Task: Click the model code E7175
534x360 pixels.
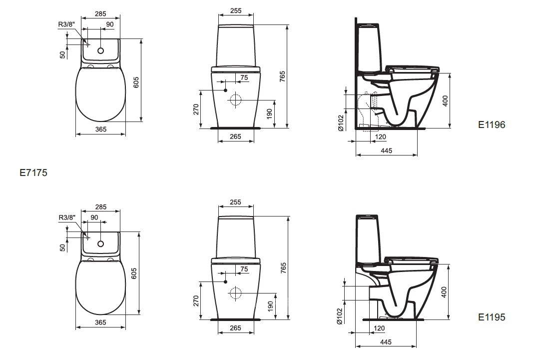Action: click(x=33, y=173)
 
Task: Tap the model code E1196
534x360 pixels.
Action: click(x=492, y=125)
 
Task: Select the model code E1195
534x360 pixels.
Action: click(x=492, y=317)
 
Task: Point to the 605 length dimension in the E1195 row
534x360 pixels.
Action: click(x=134, y=273)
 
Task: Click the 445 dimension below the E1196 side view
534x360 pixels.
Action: click(x=387, y=150)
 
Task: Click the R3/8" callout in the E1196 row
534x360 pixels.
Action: click(x=66, y=24)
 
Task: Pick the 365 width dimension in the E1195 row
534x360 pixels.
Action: click(x=101, y=322)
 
